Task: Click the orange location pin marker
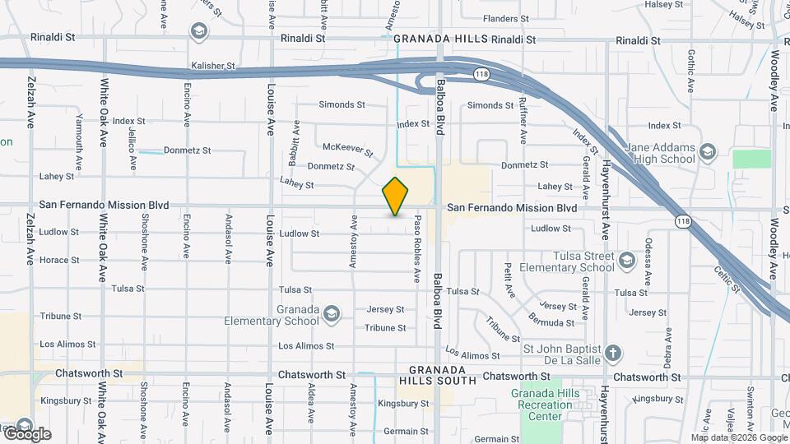[x=396, y=197]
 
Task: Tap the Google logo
[x=27, y=432]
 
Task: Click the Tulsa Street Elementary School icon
[x=628, y=261]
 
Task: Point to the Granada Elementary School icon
[x=331, y=313]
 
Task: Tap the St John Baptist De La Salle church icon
[x=612, y=354]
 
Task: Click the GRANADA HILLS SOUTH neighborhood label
[x=437, y=375]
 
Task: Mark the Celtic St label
[x=728, y=278]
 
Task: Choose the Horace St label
[x=59, y=260]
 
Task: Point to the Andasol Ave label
[x=229, y=240]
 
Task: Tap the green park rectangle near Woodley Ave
[x=751, y=159]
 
